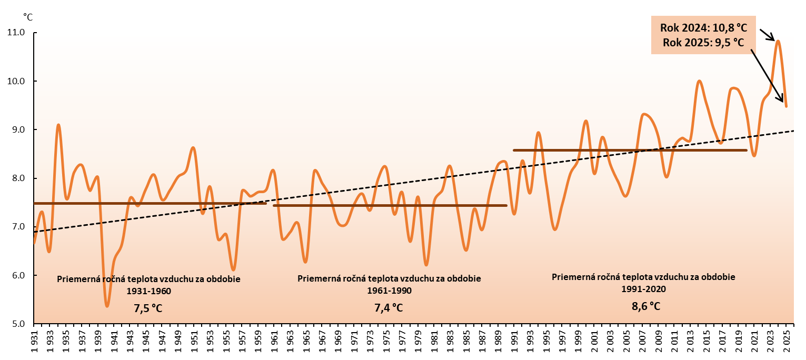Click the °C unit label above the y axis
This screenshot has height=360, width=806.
28,17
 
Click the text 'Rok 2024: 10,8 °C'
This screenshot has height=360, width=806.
703,28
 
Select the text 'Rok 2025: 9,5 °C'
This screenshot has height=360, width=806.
703,43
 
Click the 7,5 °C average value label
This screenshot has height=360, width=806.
148,308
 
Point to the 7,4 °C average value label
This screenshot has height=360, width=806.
389,307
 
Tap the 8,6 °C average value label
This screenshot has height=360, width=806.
646,306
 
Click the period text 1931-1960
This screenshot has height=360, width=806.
149,291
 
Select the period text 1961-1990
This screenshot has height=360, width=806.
389,291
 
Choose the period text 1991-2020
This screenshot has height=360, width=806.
644,288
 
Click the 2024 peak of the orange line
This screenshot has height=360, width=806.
778,41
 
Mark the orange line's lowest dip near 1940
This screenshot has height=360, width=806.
107,306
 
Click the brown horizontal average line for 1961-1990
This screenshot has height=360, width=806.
390,206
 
